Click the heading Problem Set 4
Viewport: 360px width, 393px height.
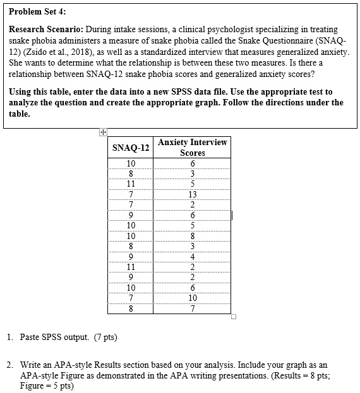pyautogui.click(x=37, y=11)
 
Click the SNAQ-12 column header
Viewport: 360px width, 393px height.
pyautogui.click(x=131, y=148)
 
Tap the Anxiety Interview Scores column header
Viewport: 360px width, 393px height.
pyautogui.click(x=192, y=148)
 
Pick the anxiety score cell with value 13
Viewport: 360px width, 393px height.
pyautogui.click(x=192, y=194)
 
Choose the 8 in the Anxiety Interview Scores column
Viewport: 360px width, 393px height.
pyautogui.click(x=192, y=236)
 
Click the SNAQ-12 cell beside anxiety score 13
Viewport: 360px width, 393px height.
pyautogui.click(x=131, y=194)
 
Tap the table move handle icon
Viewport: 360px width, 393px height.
pyautogui.click(x=102, y=132)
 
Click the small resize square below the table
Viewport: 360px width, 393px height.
pyautogui.click(x=232, y=317)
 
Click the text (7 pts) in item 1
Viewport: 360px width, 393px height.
pyautogui.click(x=104, y=337)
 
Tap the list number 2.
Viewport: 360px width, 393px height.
pyautogui.click(x=10, y=365)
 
